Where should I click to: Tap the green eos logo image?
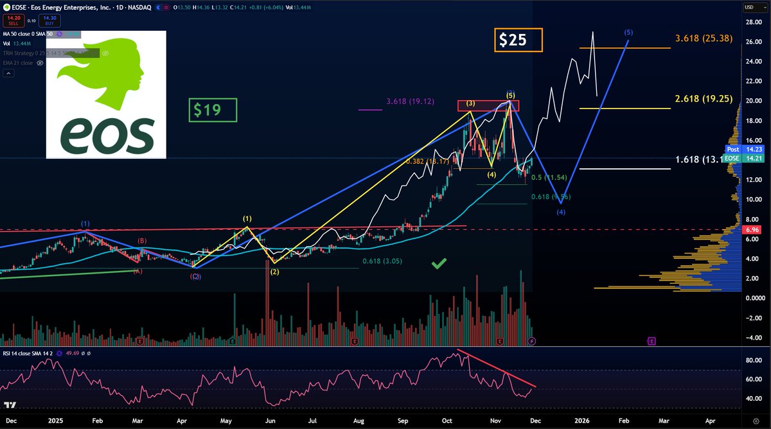point(106,94)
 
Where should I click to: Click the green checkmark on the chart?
point(439,263)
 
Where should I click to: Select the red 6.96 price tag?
point(751,230)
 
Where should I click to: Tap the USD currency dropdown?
point(750,7)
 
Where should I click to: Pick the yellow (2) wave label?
point(275,272)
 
